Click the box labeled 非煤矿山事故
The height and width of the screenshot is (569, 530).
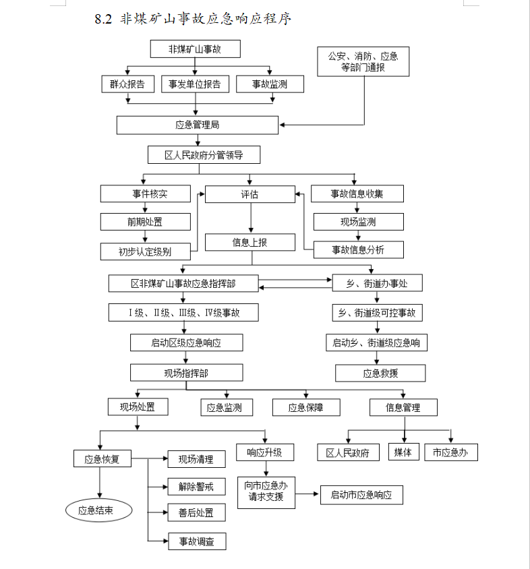194,49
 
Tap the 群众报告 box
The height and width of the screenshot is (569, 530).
127,84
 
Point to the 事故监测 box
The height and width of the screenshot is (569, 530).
270,84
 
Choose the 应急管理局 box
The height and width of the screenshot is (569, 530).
197,125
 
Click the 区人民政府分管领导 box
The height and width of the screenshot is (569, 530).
204,155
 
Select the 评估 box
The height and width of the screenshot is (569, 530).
249,194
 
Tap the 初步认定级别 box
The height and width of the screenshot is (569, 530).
145,251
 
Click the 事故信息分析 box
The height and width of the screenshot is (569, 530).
358,249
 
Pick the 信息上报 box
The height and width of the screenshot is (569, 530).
249,242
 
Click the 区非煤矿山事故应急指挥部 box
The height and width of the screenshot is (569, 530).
183,283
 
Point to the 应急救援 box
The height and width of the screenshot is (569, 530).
380,373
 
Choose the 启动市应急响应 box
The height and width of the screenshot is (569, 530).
361,495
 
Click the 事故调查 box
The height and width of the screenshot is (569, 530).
196,541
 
